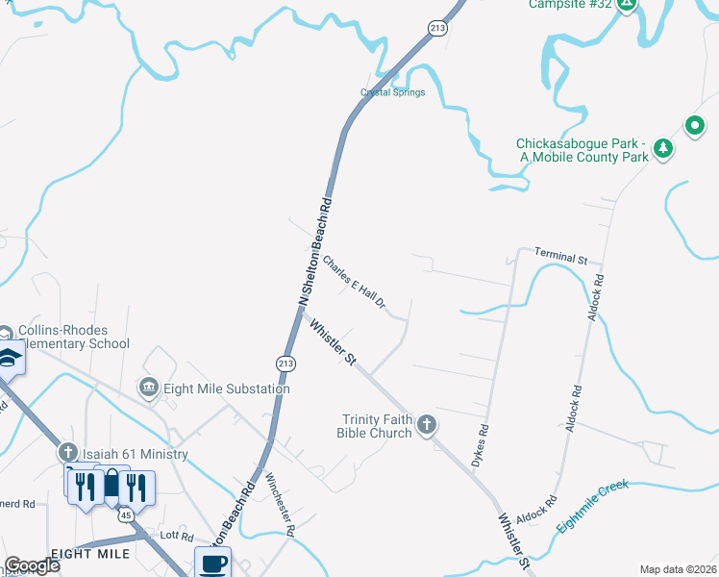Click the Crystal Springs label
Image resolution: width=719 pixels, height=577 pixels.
coord(392,92)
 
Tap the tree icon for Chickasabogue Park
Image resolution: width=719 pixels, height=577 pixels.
coord(662,148)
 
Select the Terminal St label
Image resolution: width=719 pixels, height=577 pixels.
coord(560,259)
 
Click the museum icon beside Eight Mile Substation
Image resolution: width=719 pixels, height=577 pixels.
coord(149,389)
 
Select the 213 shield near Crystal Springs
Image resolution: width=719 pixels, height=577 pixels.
coord(438,29)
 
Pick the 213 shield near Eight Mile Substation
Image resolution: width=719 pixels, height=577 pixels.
coord(285,363)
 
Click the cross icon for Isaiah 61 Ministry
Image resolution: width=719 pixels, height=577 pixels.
coord(67,452)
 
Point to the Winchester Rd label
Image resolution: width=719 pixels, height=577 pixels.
coord(280,504)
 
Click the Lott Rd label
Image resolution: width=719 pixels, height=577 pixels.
coord(178,537)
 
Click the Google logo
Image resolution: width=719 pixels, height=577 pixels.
coord(32,565)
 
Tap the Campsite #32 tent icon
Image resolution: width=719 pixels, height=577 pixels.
coord(626,4)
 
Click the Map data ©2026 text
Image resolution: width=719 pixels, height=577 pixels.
coord(678,569)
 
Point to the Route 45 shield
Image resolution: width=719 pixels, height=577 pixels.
coord(126,516)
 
